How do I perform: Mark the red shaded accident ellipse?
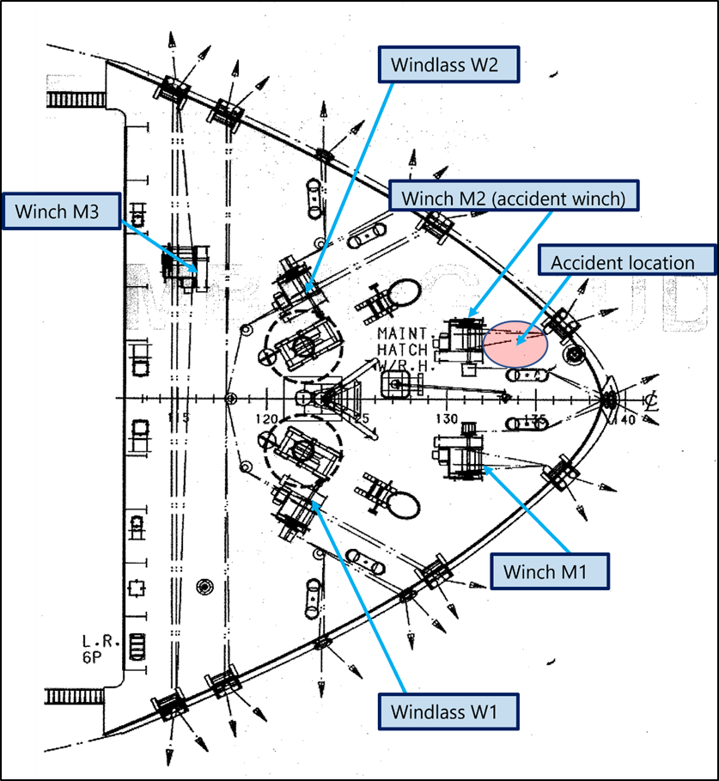(x=515, y=344)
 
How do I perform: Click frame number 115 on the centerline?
(x=179, y=418)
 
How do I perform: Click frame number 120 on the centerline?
(x=268, y=419)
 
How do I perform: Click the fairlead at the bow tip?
(x=610, y=398)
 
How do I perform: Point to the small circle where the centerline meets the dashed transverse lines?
(x=229, y=399)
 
